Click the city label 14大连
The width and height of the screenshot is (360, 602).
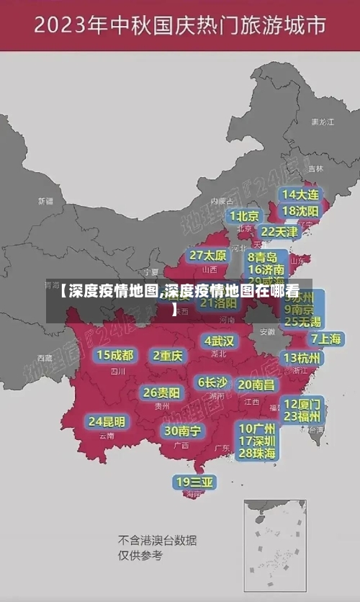300,194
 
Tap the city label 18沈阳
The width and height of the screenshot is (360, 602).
300,211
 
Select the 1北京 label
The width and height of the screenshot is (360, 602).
245,215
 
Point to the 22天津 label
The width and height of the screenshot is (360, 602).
279,232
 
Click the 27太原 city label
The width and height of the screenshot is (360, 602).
208,255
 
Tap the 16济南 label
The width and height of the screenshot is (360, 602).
266,270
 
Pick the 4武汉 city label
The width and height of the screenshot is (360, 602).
219,340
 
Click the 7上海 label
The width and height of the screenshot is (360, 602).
325,338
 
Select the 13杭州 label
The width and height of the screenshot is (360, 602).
303,357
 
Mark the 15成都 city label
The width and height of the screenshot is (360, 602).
115,354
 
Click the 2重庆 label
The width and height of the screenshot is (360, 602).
168,355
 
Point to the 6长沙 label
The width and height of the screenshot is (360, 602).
212,382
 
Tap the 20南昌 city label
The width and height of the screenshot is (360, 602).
256,385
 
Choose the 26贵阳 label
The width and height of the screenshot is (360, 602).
162,392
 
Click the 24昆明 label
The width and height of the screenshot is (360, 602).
107,421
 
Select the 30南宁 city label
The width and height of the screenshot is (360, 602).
183,431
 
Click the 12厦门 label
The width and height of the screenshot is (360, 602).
302,403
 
